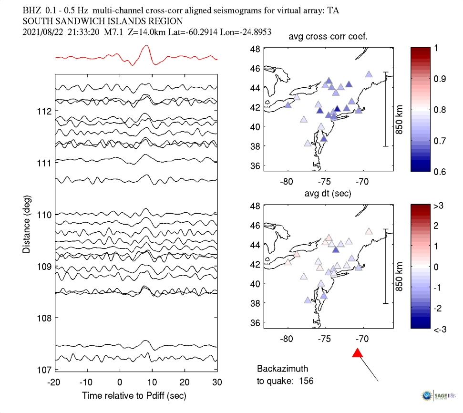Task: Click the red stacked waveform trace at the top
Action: click(x=146, y=52)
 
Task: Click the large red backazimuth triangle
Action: click(x=358, y=353)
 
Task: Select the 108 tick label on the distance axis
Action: click(x=44, y=318)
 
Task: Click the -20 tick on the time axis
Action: click(x=55, y=382)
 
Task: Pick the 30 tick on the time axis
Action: click(x=217, y=382)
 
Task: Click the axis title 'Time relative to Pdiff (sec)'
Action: click(x=134, y=395)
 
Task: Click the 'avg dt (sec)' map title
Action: click(x=328, y=194)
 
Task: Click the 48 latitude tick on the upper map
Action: click(x=256, y=49)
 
